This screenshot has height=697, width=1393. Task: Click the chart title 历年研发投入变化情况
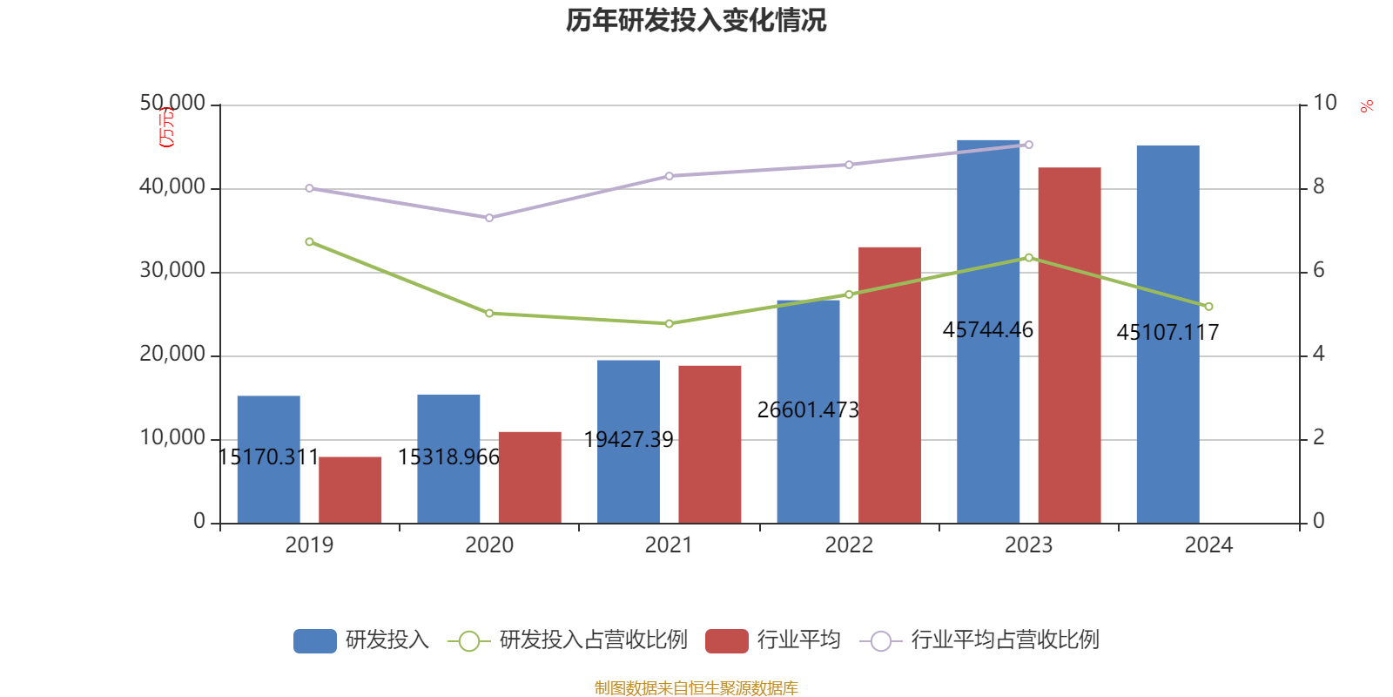tap(696, 20)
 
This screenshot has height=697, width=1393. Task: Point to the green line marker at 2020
tap(489, 313)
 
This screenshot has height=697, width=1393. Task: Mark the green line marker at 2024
tap(1208, 307)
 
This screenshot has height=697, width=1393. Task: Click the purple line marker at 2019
tap(309, 188)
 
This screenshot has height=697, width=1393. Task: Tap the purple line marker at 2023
tap(1029, 145)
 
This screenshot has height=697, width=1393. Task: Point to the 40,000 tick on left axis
tap(172, 186)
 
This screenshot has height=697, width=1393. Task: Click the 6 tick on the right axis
tap(1318, 270)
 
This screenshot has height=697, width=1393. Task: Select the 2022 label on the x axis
tap(849, 545)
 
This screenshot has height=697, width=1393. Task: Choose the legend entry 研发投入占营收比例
tap(592, 640)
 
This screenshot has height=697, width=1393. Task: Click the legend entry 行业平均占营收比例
tap(1005, 640)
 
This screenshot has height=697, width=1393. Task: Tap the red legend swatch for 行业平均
tap(727, 641)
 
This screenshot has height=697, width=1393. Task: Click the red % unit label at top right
tap(1367, 106)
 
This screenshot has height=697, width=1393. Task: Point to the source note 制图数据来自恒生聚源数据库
tap(696, 688)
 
